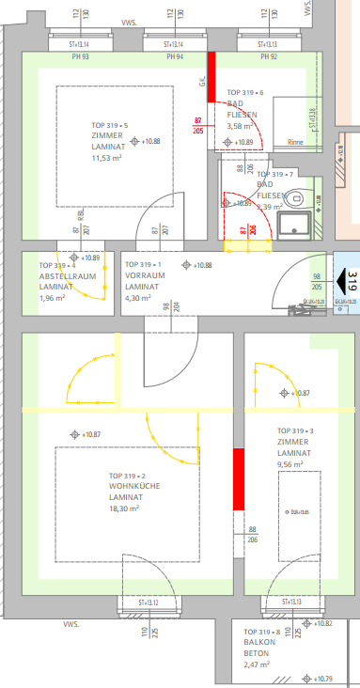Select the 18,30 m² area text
[x=124, y=508]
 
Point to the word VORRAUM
[x=144, y=276]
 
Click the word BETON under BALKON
[x=256, y=653]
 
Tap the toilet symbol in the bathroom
[x=297, y=197]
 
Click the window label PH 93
[x=80, y=57]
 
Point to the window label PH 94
[x=175, y=57]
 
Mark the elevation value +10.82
[x=323, y=623]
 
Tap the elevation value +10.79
[x=323, y=678]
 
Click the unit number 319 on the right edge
[x=352, y=281]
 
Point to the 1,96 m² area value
[x=53, y=298]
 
